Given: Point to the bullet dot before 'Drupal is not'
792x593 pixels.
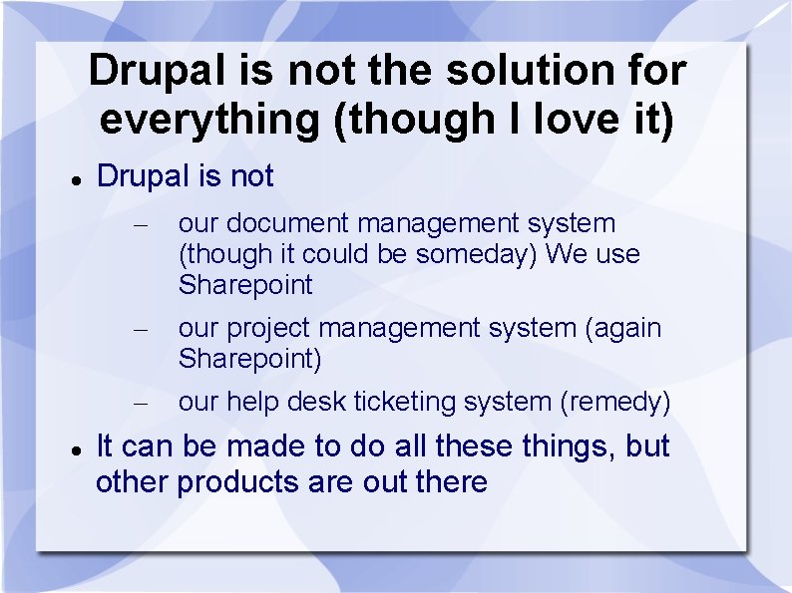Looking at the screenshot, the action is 77,180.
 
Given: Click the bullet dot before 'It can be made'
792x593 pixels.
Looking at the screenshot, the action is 77,450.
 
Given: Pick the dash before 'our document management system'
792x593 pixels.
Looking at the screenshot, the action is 141,225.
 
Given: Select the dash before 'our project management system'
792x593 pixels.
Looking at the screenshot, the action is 141,330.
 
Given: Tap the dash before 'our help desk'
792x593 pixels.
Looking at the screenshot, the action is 141,404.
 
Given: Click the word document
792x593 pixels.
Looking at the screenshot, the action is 287,223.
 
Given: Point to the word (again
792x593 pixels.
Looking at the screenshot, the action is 623,329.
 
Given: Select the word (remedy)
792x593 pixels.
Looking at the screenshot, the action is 615,404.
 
